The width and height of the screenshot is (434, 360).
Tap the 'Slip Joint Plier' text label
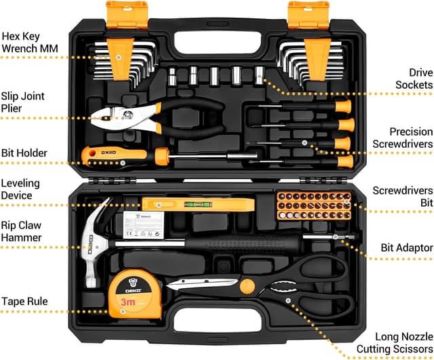[23, 102]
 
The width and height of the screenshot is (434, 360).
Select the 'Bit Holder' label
[24, 153]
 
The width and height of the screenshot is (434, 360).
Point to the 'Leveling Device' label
[20, 189]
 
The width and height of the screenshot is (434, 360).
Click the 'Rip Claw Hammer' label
[22, 231]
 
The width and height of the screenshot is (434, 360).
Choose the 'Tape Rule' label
[24, 300]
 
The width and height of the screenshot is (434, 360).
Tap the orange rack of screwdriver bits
[313, 209]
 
